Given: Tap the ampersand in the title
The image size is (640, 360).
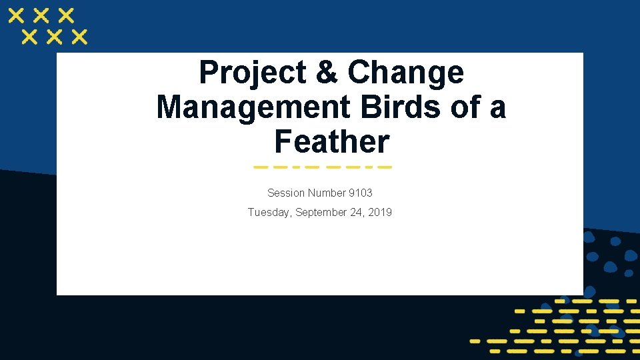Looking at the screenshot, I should (326, 73).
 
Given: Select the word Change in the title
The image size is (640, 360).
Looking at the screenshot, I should (405, 73).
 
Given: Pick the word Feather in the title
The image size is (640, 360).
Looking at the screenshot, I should (331, 142).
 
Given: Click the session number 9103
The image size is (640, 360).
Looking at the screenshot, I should (360, 193).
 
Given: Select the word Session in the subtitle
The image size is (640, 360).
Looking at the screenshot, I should (285, 193).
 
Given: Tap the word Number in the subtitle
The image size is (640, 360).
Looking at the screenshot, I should (326, 193).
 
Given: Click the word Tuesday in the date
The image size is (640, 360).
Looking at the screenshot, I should (269, 213).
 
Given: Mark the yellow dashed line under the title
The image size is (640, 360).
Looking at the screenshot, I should (323, 167).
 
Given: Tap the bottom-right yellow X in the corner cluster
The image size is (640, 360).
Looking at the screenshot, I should (79, 37).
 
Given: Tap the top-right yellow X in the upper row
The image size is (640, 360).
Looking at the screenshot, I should (66, 15).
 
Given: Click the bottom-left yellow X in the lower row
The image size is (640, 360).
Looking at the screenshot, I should (30, 37).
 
